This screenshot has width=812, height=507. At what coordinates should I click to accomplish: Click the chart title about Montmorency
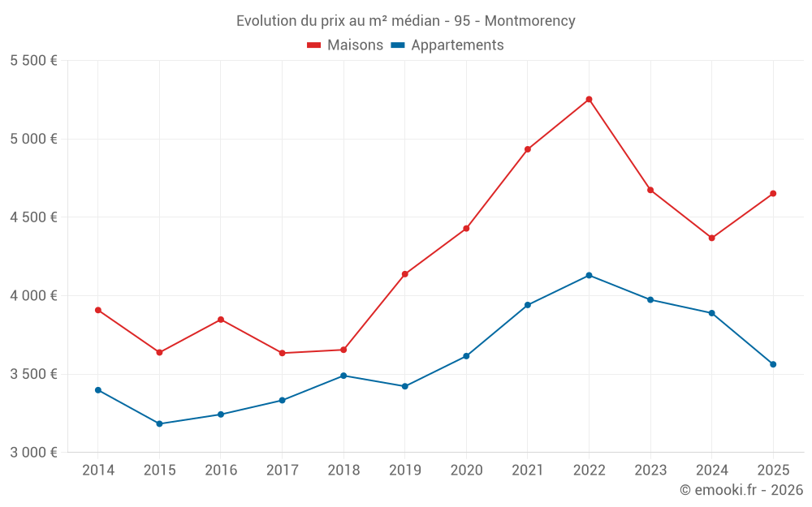coord(405,20)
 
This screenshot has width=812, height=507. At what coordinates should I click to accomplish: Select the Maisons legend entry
coord(345,45)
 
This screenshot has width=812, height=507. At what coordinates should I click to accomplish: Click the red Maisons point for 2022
coord(589,100)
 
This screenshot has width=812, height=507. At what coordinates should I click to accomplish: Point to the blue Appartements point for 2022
coord(589,275)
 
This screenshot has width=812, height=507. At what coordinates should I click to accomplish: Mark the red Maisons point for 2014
coord(98,310)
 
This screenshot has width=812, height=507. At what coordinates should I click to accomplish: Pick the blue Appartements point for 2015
coord(159,423)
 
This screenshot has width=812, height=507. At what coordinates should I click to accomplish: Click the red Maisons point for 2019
coord(405,274)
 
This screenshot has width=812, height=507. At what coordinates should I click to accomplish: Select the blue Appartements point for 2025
coord(773,364)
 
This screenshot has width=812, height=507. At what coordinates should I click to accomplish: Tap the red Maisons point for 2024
coord(711,238)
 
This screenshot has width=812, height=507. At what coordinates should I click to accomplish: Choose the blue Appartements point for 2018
coord(343,376)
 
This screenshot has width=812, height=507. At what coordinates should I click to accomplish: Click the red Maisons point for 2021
coord(528,149)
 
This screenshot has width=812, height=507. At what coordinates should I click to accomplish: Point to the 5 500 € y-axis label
coord(33,61)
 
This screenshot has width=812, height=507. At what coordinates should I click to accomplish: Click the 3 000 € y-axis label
coord(33,453)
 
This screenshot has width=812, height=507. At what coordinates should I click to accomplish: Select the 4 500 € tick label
coord(33,217)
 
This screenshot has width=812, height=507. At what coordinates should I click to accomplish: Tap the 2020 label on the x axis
coord(466,470)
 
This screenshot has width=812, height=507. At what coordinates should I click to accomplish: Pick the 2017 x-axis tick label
coord(282,470)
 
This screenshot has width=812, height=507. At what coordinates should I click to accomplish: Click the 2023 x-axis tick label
coord(650,470)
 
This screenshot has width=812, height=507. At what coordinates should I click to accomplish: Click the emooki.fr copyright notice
coord(741,490)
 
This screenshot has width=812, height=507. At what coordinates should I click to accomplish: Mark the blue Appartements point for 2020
coord(466,356)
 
